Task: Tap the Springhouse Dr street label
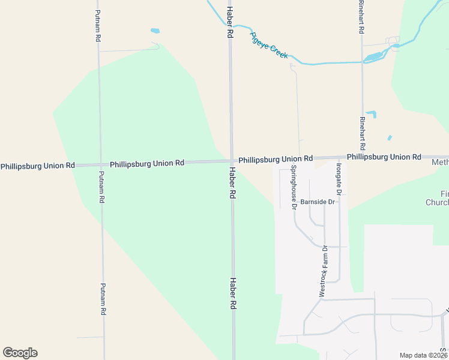(x=294, y=187)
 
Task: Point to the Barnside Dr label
(x=318, y=202)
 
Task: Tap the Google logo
(x=20, y=353)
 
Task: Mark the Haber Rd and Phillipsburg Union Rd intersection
(x=231, y=161)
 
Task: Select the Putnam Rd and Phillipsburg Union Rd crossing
(x=100, y=164)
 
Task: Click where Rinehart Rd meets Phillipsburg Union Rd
(x=363, y=157)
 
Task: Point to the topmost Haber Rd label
(x=229, y=23)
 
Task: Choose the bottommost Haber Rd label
(x=232, y=293)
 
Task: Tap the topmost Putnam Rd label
(x=98, y=25)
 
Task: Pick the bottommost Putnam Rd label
(x=103, y=299)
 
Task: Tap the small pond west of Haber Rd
(x=155, y=30)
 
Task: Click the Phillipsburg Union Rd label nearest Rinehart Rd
(x=384, y=157)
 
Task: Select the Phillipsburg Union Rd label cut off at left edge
(x=38, y=166)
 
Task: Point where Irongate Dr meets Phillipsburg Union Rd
(x=339, y=158)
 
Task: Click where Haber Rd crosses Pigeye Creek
(x=230, y=25)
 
